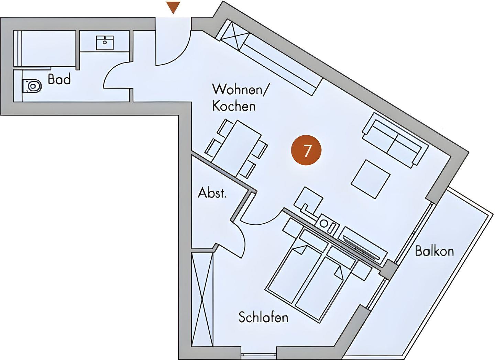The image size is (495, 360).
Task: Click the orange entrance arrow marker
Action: (x=174, y=7)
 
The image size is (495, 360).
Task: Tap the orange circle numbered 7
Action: (x=306, y=150)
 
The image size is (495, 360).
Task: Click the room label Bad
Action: (x=59, y=79)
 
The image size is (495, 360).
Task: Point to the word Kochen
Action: (x=234, y=106)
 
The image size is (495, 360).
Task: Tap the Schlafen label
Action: (x=263, y=318)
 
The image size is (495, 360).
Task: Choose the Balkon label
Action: (x=434, y=251)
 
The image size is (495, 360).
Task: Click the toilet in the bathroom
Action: (x=32, y=86)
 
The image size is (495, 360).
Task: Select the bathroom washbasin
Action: (x=105, y=43)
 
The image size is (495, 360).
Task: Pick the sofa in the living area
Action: (x=395, y=140)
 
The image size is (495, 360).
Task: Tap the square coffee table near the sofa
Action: (x=371, y=179)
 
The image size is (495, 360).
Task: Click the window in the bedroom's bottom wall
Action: (x=258, y=355)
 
